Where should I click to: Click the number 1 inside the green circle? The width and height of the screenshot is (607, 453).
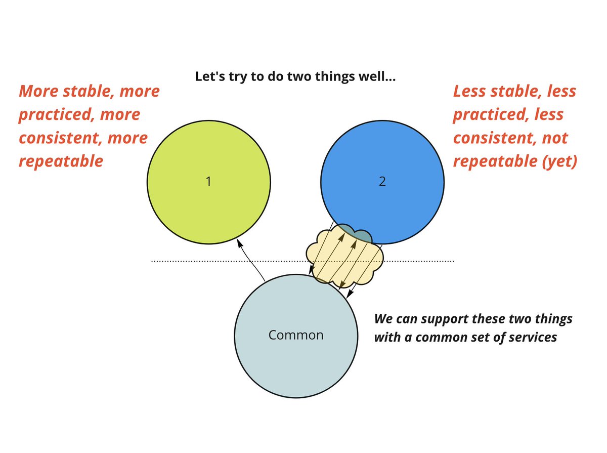(x=208, y=182)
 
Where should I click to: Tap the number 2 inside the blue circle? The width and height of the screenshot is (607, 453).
(x=382, y=182)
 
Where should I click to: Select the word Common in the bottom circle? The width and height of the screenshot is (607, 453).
(x=296, y=335)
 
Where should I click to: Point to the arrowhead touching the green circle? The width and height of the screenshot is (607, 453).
(x=239, y=244)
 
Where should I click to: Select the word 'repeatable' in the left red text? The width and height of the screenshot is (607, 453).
(x=61, y=161)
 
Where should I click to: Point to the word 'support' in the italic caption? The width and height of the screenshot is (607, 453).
(x=446, y=320)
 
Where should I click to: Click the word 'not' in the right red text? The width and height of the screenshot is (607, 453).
(x=554, y=138)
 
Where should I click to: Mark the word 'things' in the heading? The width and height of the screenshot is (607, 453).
(x=332, y=77)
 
